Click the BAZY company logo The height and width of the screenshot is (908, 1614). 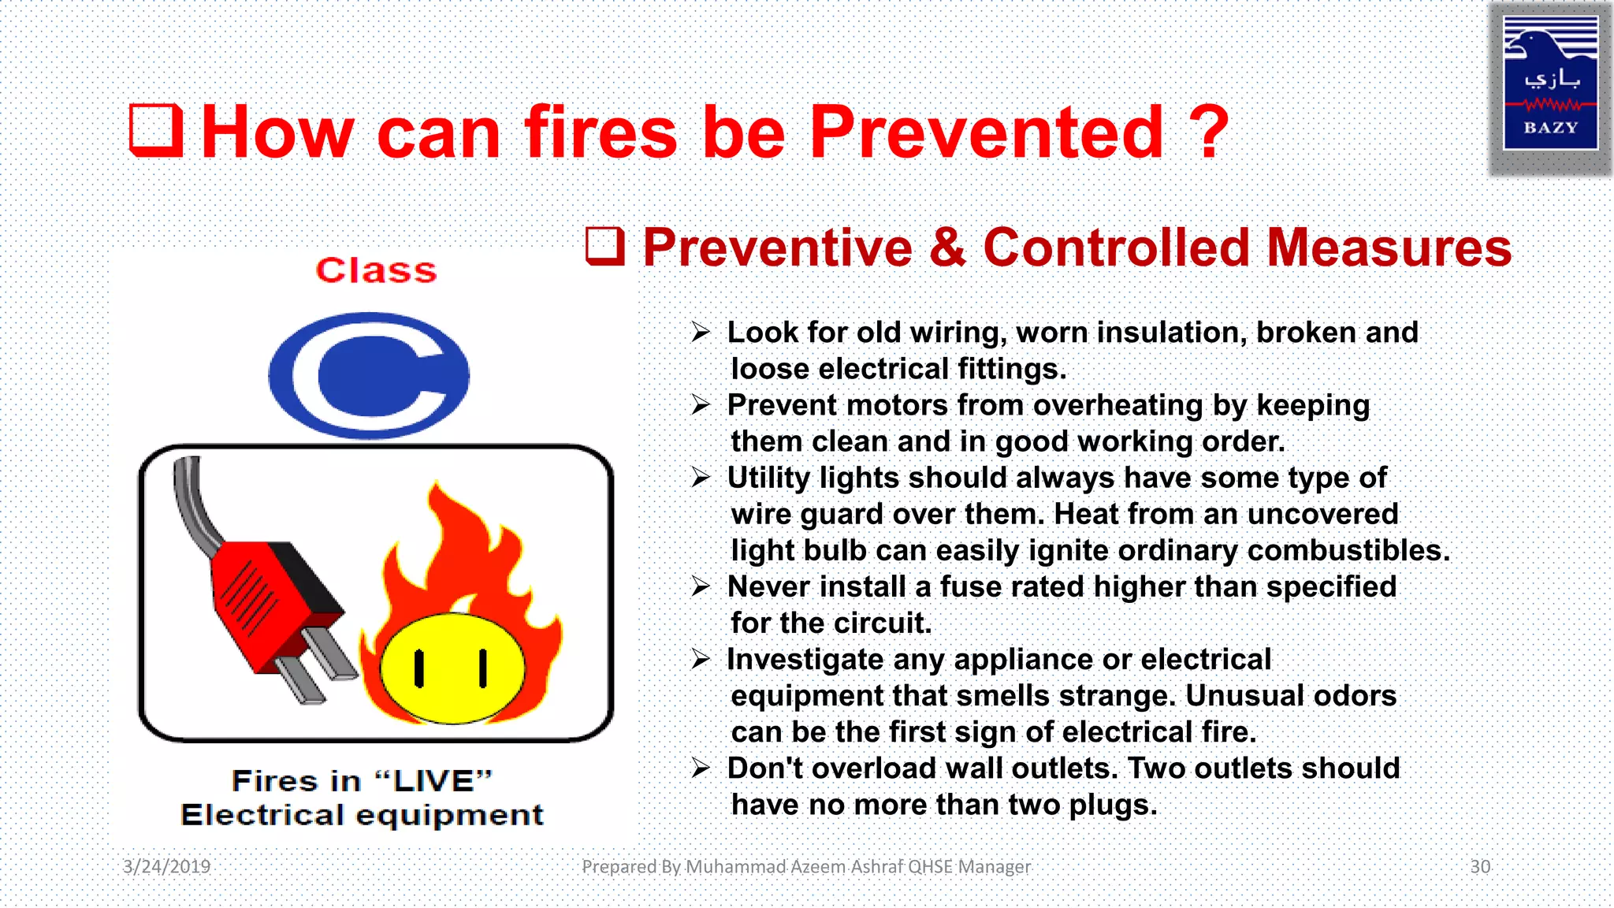tap(1550, 84)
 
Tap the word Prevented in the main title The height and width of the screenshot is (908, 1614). tap(986, 132)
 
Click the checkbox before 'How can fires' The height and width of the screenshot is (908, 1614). tap(156, 130)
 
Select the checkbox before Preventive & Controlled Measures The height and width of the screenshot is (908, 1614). tap(605, 246)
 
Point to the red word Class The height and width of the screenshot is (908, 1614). tap(376, 270)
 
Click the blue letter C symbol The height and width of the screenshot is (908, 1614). tap(369, 375)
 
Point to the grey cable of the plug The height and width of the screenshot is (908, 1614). tap(193, 504)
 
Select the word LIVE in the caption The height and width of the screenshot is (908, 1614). tap(433, 781)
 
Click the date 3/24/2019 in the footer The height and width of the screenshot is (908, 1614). tap(167, 866)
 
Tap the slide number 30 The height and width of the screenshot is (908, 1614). tap(1480, 866)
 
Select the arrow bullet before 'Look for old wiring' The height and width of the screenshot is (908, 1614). tap(701, 332)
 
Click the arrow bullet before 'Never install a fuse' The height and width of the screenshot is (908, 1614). tap(701, 586)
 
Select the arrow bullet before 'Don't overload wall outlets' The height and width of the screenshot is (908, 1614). tap(701, 768)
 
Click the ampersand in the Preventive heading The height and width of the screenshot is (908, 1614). tap(947, 247)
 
